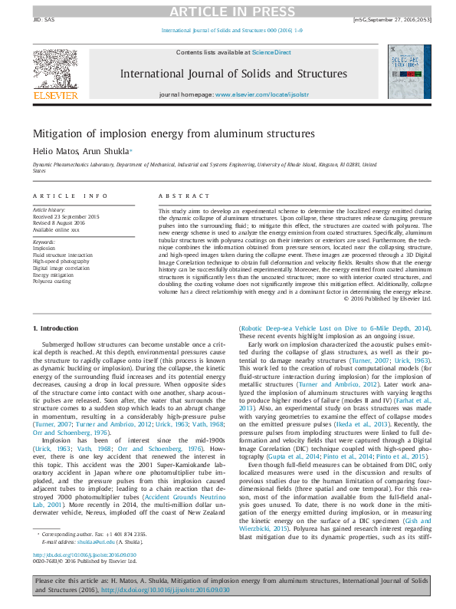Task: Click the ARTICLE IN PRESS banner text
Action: pyautogui.click(x=228, y=11)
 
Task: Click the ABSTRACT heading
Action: pyautogui.click(x=176, y=197)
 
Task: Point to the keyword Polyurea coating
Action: pyautogui.click(x=52, y=281)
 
